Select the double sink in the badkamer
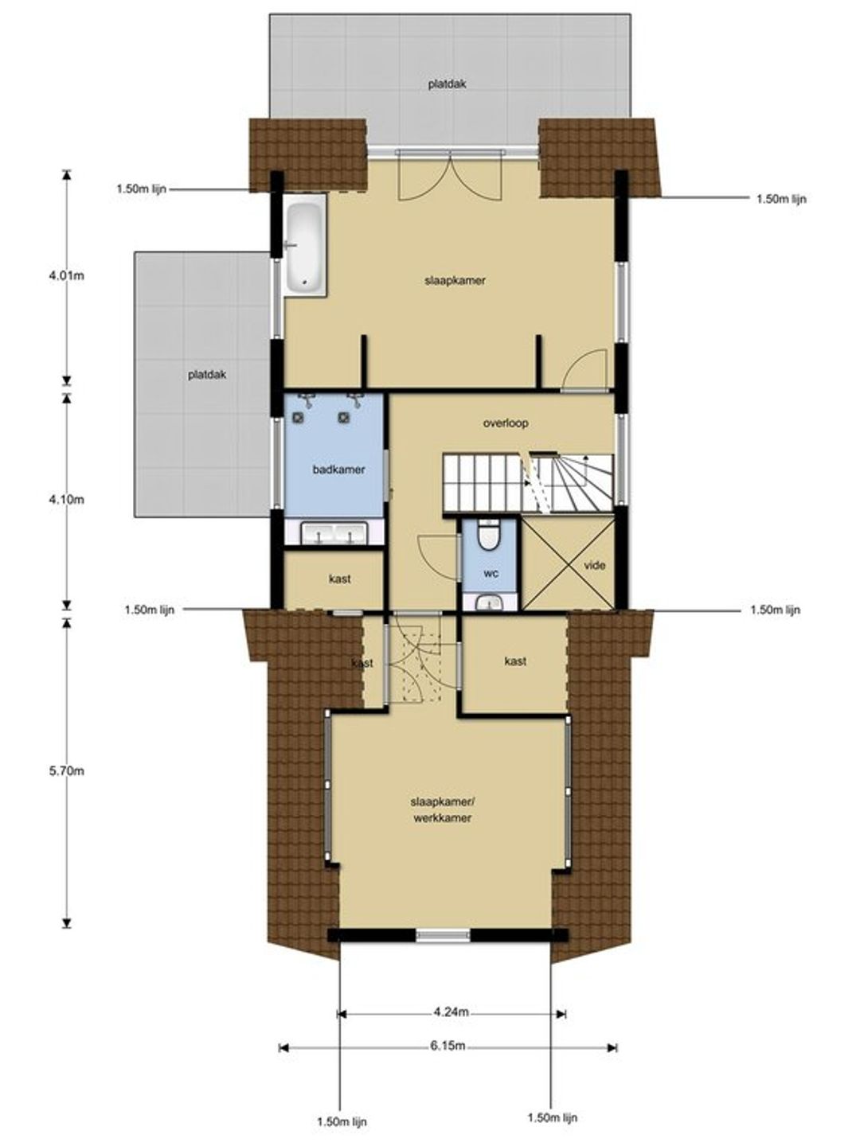point(334,533)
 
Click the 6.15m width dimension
point(448,1046)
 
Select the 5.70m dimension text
point(66,770)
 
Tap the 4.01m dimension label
point(66,275)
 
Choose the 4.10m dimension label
point(66,500)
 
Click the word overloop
point(506,423)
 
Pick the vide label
point(595,565)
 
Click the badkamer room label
point(339,470)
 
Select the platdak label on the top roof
point(447,84)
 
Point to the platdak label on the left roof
point(207,375)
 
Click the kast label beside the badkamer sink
point(340,579)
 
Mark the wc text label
point(491,574)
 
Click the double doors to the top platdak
point(450,175)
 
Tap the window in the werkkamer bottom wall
point(442,935)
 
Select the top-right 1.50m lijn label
point(781,199)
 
